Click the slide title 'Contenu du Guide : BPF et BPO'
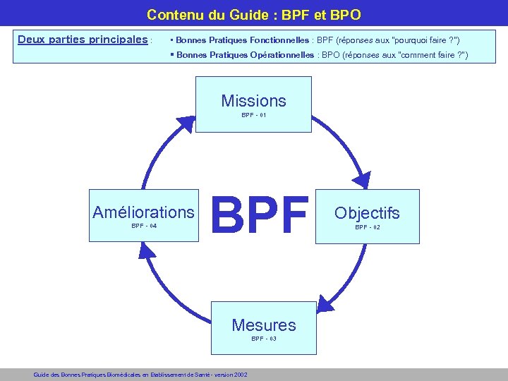[253, 14]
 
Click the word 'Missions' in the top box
[253, 101]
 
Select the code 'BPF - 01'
[253, 115]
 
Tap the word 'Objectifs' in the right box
[367, 213]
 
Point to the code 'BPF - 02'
[367, 227]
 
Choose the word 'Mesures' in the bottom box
[264, 325]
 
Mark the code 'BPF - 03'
[264, 339]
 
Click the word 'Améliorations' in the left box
[143, 212]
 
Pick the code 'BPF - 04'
[144, 226]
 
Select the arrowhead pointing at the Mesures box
[325, 303]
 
